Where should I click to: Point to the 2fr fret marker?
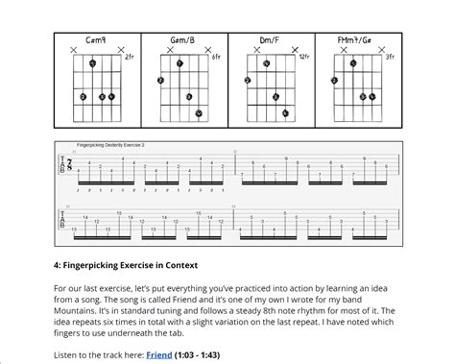click(129, 58)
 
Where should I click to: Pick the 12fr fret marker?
click(303, 58)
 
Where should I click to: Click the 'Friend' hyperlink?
click(159, 355)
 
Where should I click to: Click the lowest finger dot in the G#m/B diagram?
click(199, 113)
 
